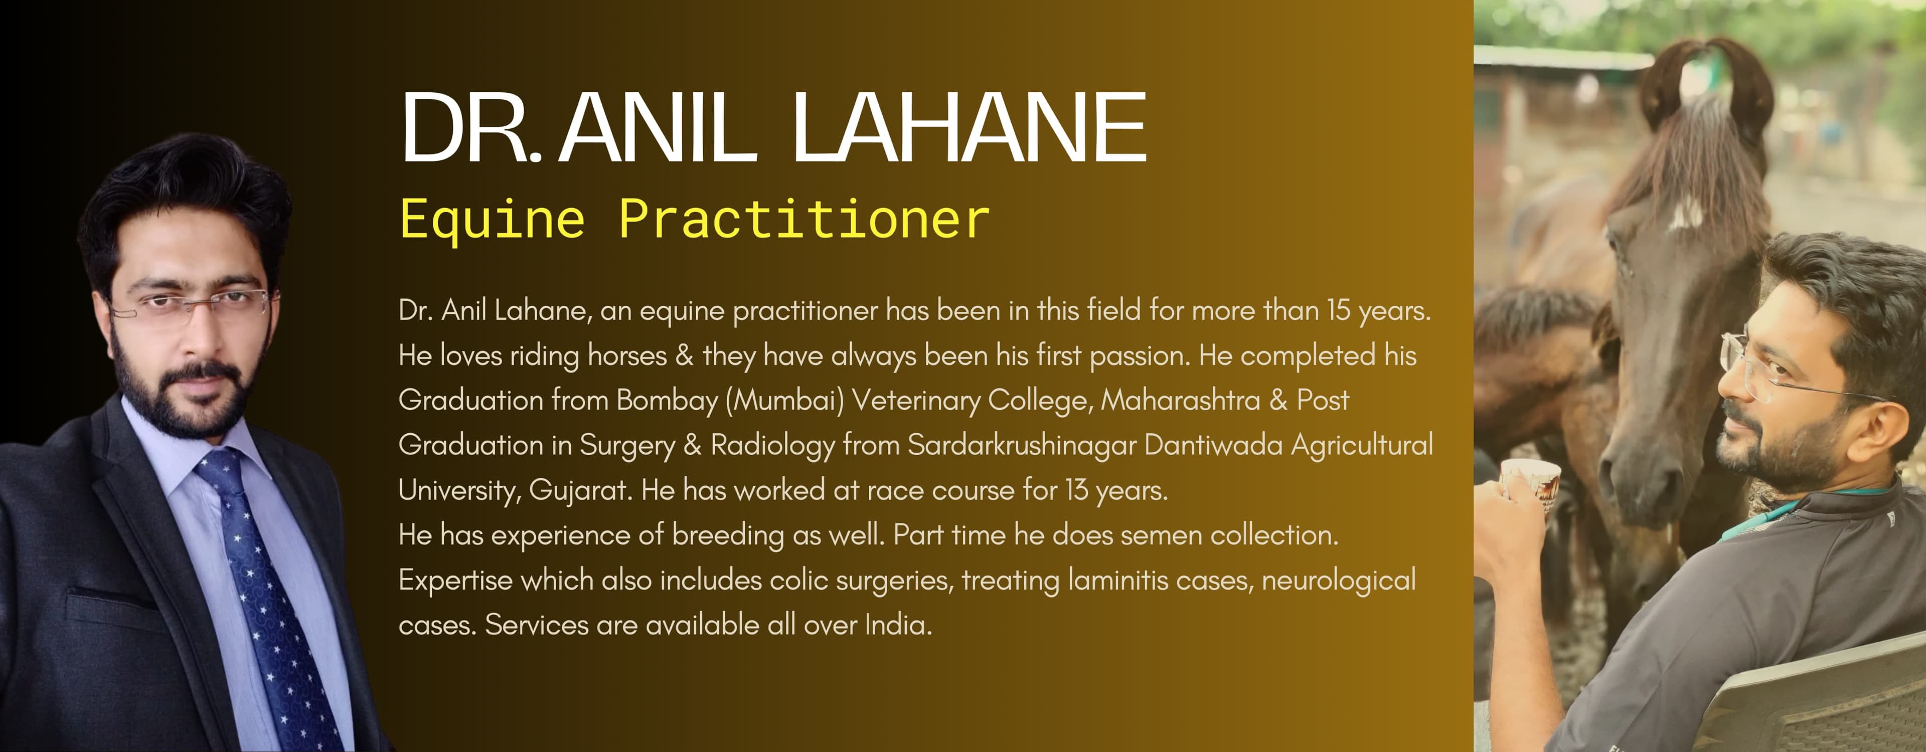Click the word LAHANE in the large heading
[970, 126]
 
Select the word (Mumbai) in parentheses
[785, 401]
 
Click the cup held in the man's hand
[1530, 486]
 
